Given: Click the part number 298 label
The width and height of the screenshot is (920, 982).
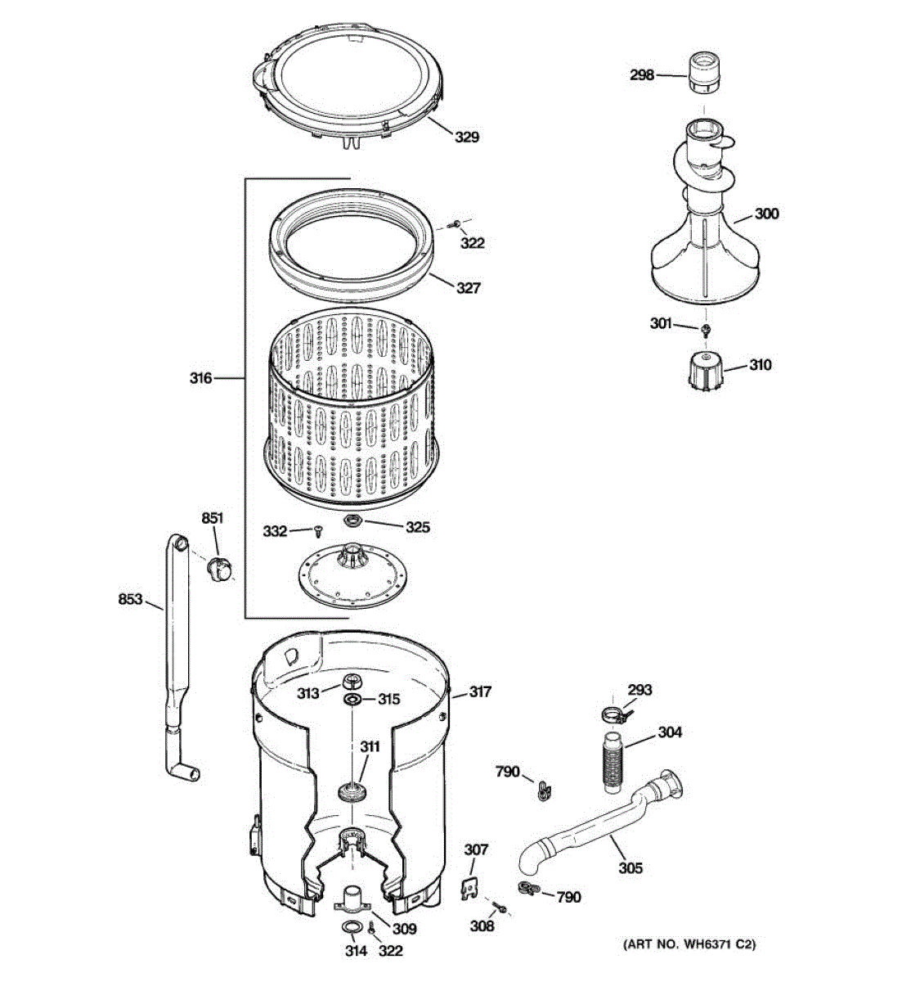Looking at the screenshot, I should click(x=641, y=75).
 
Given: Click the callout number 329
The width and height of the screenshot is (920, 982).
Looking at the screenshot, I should click(x=467, y=137).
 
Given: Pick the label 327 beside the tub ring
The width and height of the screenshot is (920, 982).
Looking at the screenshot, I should click(x=468, y=288).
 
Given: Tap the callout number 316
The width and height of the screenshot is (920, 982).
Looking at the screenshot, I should click(x=200, y=378).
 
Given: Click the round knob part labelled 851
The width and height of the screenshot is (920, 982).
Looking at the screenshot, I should click(x=218, y=567).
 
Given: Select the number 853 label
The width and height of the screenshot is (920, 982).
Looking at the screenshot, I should click(x=131, y=600).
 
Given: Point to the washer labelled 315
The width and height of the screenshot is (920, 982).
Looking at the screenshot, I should click(x=354, y=700).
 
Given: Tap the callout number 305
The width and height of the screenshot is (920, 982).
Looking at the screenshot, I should click(x=630, y=868).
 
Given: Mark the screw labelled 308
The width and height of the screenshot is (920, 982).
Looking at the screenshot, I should click(x=501, y=908).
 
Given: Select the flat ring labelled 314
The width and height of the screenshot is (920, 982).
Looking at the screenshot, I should click(x=354, y=926).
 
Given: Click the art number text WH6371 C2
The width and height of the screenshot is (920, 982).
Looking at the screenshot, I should click(x=689, y=944).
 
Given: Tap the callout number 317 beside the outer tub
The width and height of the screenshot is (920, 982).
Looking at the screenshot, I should click(x=480, y=692).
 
